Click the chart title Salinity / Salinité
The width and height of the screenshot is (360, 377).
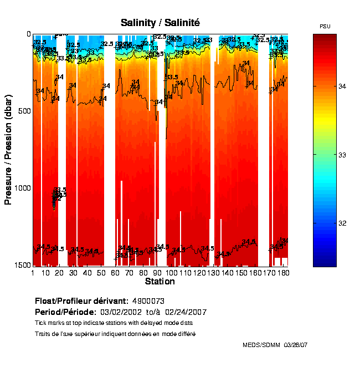(x=160, y=23)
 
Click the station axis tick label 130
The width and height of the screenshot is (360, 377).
(x=213, y=273)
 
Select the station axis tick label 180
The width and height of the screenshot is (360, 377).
(x=283, y=273)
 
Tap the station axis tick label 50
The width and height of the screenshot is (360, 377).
(x=100, y=273)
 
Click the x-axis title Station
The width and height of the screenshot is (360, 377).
(x=160, y=282)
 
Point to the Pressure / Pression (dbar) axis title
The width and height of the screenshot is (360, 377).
(x=8, y=150)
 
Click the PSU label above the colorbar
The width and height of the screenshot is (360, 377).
(x=325, y=27)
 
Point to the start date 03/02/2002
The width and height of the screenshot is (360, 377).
(x=122, y=311)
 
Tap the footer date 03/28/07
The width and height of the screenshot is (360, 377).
(x=296, y=345)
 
